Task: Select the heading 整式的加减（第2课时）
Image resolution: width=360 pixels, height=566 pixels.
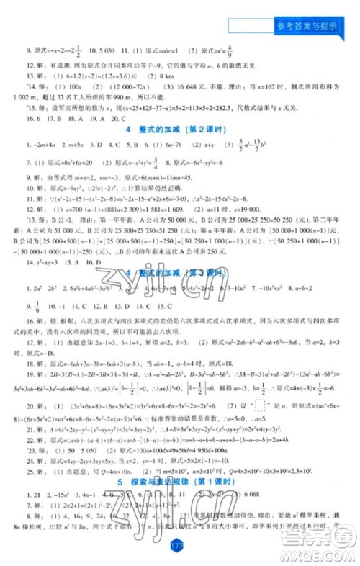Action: point(180,129)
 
